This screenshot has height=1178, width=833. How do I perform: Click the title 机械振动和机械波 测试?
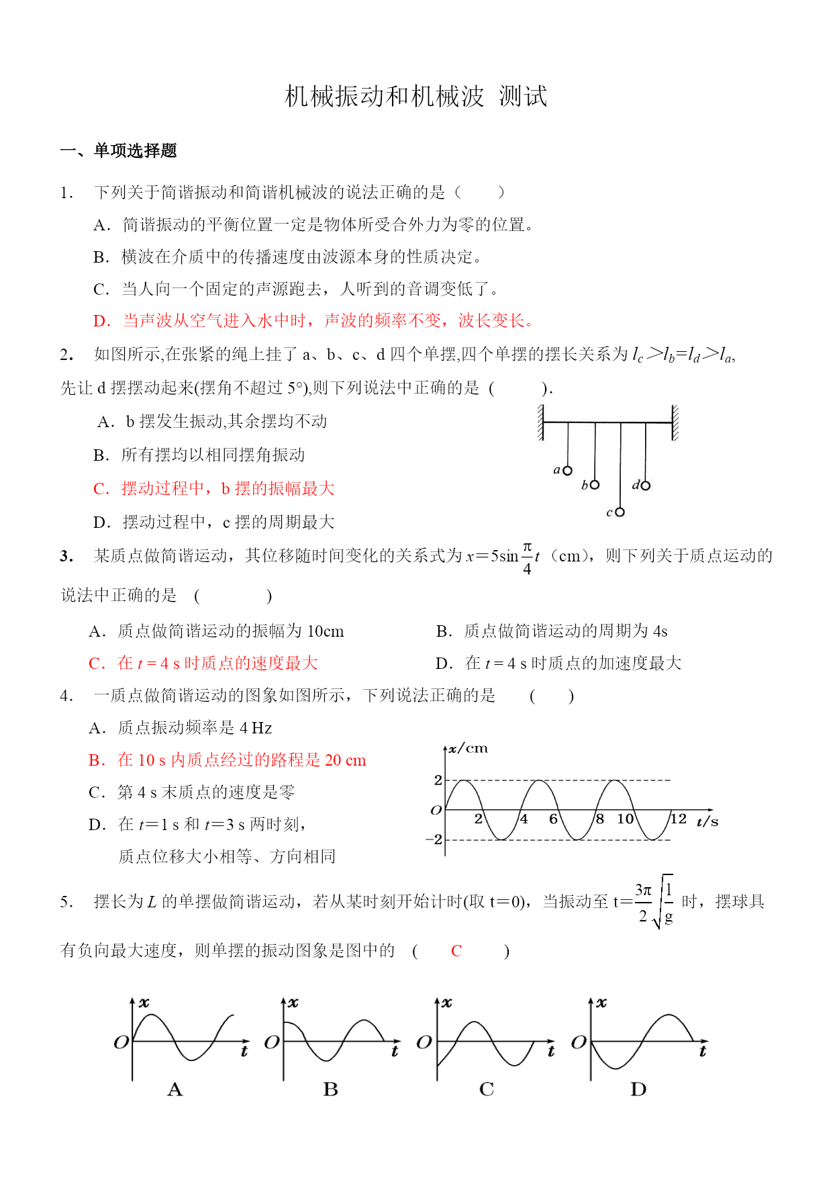click(416, 97)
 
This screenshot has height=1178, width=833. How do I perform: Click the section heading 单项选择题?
click(135, 150)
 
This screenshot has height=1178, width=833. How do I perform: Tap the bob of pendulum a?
click(568, 471)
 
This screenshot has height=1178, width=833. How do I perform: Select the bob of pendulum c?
click(620, 512)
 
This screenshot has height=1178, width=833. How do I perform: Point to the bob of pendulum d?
click(646, 485)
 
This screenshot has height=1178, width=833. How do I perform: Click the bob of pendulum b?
click(595, 484)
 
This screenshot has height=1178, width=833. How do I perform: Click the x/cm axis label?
click(468, 748)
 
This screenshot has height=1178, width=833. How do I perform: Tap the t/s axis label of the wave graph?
click(707, 821)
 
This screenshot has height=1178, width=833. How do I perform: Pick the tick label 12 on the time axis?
click(679, 819)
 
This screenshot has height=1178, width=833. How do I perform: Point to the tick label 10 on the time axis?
click(626, 819)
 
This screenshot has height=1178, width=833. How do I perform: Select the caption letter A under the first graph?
click(175, 1089)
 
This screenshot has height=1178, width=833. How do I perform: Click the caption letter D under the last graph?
click(638, 1089)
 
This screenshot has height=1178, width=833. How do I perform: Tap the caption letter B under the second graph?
click(330, 1089)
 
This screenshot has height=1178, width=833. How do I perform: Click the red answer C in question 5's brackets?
click(456, 951)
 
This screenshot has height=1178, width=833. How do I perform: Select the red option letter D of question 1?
click(101, 321)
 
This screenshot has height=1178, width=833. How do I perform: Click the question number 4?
click(65, 696)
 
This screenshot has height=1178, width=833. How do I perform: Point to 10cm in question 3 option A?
click(326, 631)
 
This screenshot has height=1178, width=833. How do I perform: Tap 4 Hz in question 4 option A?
click(256, 728)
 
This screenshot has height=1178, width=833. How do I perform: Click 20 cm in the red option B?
click(346, 760)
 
